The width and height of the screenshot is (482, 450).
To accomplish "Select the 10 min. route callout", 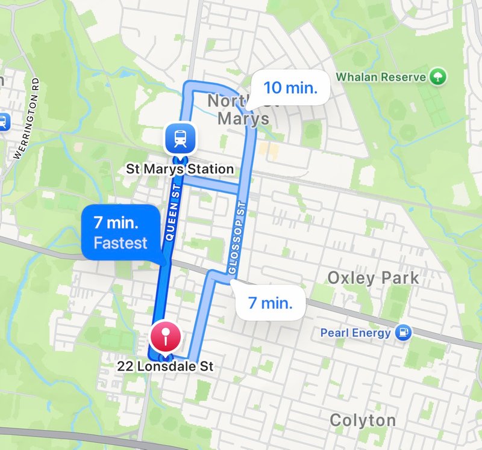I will click(x=290, y=88).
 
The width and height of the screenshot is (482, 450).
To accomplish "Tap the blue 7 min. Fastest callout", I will click(x=120, y=233).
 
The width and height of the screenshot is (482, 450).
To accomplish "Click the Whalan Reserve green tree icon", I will click(x=438, y=76).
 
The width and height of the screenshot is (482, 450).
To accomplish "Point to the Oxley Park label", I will click(x=372, y=278).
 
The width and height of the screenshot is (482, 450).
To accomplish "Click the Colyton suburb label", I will click(x=362, y=420).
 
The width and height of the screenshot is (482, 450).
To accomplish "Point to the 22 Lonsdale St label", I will click(x=165, y=366).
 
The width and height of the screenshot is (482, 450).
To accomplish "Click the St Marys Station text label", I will click(x=179, y=169).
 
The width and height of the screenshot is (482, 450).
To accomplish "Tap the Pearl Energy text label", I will click(x=355, y=333).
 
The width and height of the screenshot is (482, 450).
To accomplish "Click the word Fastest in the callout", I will click(x=120, y=243).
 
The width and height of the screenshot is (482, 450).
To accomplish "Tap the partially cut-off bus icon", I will click(x=2, y=122).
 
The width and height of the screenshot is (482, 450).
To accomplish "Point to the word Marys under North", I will click(x=243, y=119).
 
